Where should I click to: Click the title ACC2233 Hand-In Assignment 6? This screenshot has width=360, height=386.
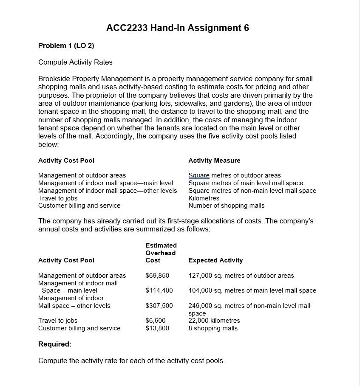(x=177, y=28)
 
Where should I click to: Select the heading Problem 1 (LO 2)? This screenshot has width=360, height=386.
(x=66, y=45)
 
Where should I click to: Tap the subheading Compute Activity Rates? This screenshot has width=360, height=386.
(x=75, y=62)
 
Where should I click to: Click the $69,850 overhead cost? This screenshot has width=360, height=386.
(x=157, y=276)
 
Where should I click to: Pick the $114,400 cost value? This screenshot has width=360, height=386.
(x=159, y=290)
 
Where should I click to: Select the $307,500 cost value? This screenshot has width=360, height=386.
(x=159, y=306)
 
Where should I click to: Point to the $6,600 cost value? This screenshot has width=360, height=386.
(x=156, y=321)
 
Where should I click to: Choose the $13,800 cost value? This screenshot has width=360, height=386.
(x=157, y=328)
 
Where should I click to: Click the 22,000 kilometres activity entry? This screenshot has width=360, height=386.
(x=214, y=321)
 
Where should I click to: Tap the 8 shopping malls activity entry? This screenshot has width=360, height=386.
(x=213, y=328)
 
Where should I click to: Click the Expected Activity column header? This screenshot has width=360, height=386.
(x=215, y=260)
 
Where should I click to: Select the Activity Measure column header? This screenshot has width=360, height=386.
(x=214, y=161)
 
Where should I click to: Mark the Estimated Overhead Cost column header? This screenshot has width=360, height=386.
(x=161, y=253)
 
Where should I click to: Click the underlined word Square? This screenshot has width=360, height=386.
(x=199, y=175)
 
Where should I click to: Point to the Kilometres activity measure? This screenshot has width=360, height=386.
(x=204, y=198)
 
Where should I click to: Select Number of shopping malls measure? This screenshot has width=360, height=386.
(x=226, y=206)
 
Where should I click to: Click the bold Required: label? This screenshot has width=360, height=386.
(x=55, y=344)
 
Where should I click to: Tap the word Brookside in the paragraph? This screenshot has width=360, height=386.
(x=54, y=79)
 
